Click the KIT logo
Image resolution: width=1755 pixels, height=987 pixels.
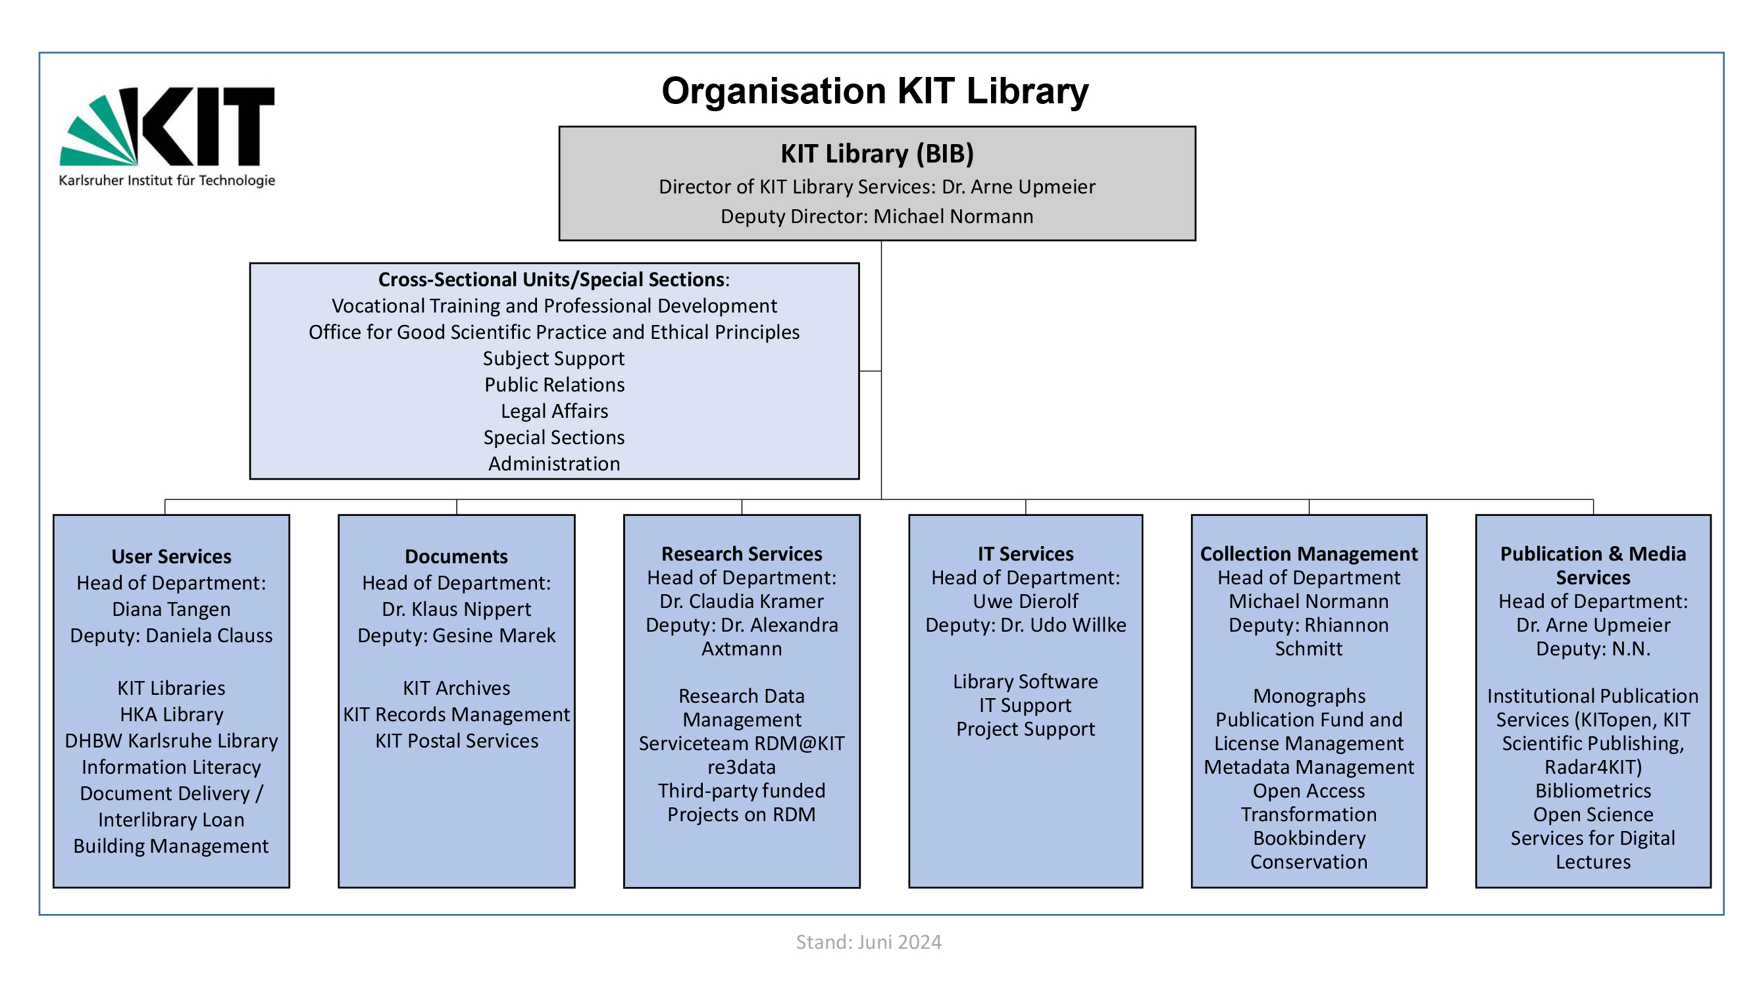pyautogui.click(x=167, y=136)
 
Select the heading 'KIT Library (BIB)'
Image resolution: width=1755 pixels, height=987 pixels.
pyautogui.click(x=877, y=154)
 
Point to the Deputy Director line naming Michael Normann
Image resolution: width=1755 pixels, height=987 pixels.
pyautogui.click(x=877, y=216)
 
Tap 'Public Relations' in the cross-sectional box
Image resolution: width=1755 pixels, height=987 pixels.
pyautogui.click(x=554, y=385)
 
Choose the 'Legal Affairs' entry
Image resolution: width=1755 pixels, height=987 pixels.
pyautogui.click(x=554, y=411)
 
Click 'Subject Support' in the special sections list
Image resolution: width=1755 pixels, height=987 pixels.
pyautogui.click(x=554, y=359)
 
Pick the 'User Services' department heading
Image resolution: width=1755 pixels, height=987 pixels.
pyautogui.click(x=171, y=557)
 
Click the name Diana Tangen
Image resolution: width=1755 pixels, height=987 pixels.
pyautogui.click(x=171, y=609)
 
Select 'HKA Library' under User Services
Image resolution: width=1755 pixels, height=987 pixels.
pyautogui.click(x=171, y=715)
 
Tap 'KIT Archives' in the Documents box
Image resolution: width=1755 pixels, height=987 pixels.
pyautogui.click(x=457, y=688)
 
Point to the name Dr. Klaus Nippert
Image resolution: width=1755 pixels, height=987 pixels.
pyautogui.click(x=457, y=609)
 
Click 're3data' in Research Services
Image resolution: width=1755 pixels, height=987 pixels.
pyautogui.click(x=741, y=767)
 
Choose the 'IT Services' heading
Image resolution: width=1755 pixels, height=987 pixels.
pyautogui.click(x=1025, y=554)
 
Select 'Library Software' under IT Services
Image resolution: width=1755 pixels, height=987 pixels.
pyautogui.click(x=1025, y=682)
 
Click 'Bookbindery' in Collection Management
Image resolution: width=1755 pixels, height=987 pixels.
pyautogui.click(x=1309, y=838)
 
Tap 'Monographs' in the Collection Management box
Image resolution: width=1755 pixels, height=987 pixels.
pyautogui.click(x=1309, y=696)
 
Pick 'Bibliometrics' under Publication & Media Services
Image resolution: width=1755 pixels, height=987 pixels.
pyautogui.click(x=1593, y=791)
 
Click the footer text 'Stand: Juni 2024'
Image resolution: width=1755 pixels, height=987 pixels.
pyautogui.click(x=869, y=942)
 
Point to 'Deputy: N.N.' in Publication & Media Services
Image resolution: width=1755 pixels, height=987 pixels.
pyautogui.click(x=1593, y=649)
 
